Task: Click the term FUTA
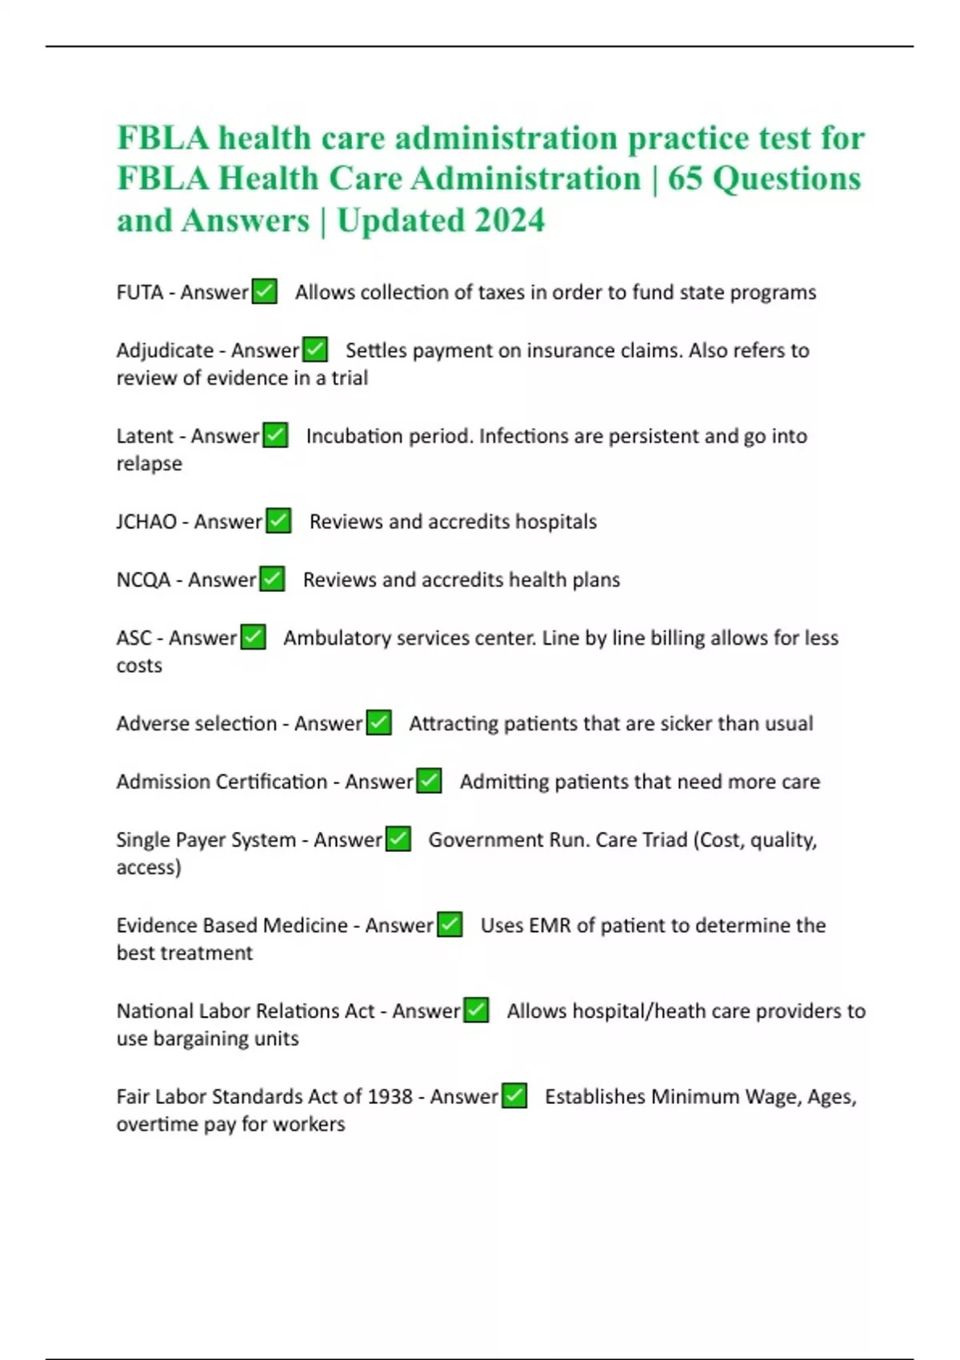(140, 293)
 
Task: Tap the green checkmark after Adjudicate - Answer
(315, 350)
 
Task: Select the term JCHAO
(146, 522)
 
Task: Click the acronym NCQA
(143, 580)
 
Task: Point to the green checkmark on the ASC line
(253, 638)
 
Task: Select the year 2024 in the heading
(509, 221)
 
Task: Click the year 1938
(390, 1097)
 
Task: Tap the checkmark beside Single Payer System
(398, 839)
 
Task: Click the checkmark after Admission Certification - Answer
(429, 781)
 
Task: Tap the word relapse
(149, 464)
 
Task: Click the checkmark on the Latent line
(275, 435)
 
